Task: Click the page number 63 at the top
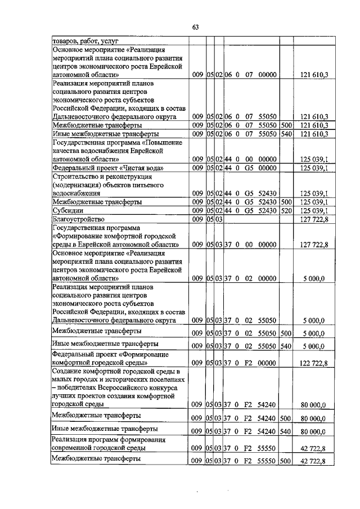[196, 26]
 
